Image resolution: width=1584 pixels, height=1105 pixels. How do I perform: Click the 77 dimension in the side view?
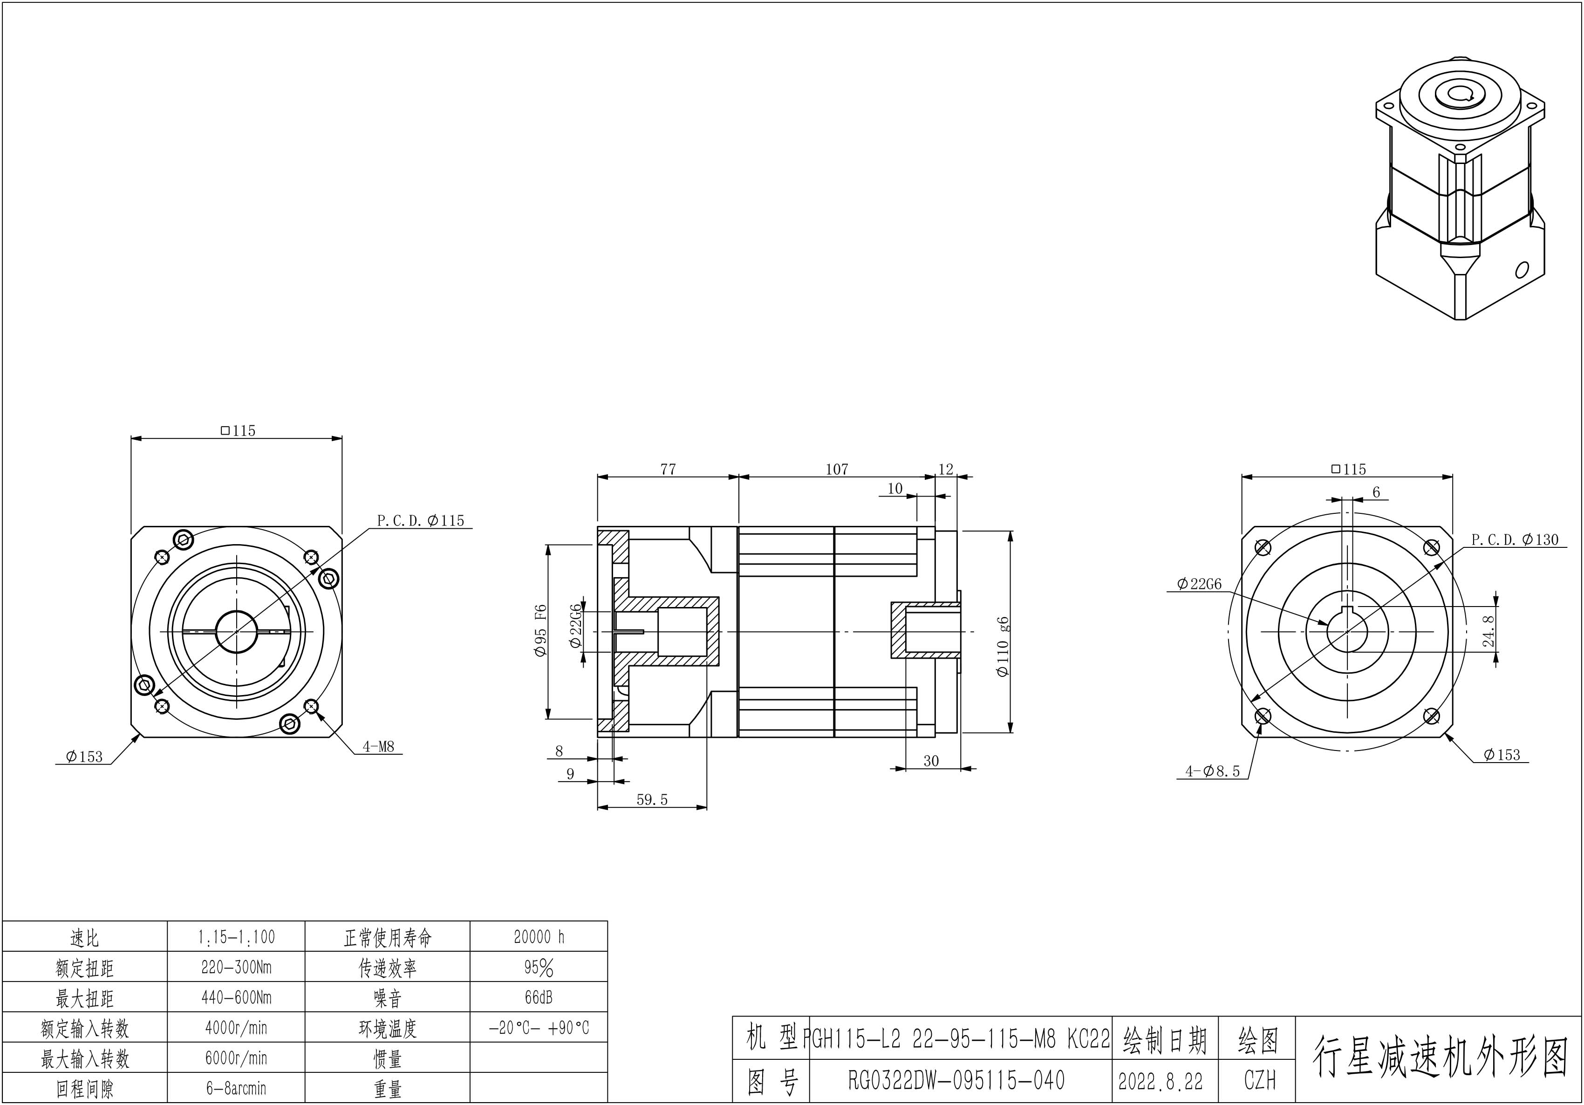click(668, 469)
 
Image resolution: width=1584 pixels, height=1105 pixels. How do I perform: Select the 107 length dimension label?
click(836, 469)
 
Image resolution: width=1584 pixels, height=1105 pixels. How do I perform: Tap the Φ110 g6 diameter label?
click(1003, 646)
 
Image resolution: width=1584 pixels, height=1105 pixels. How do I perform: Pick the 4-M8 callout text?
click(378, 746)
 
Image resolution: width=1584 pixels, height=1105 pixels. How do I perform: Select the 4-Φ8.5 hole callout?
click(1212, 771)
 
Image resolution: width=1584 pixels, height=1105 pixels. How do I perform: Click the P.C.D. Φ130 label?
click(1514, 539)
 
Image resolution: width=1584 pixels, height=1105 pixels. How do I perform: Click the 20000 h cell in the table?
click(539, 937)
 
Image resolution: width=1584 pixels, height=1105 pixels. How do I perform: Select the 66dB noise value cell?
click(539, 997)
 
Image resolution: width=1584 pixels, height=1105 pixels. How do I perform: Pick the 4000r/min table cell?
click(236, 1028)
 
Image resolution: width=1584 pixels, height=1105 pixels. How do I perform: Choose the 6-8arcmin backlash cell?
click(236, 1088)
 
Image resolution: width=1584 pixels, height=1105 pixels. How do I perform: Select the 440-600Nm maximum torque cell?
click(236, 997)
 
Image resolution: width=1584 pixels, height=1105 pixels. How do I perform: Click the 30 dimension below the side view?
click(931, 761)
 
